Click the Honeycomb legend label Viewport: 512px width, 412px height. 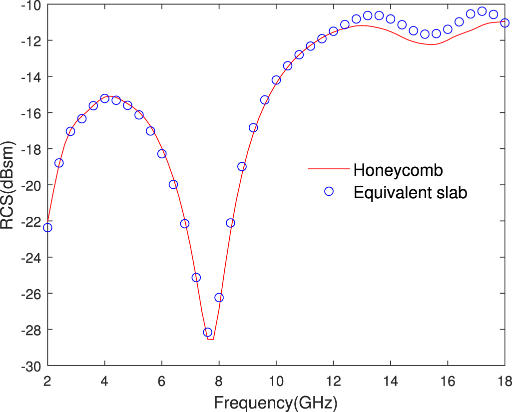398,170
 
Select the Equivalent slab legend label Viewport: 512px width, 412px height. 410,192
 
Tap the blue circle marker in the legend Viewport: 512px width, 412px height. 329,191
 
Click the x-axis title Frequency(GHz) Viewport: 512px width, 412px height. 276,402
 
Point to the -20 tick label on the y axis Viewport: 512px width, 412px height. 31,185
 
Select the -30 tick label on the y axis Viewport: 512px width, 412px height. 31,366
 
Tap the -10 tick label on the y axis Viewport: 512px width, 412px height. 31,4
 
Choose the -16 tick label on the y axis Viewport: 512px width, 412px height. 31,113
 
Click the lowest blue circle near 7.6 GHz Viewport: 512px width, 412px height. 208,332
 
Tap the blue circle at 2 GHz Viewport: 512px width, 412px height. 47,228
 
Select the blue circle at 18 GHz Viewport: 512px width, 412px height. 505,23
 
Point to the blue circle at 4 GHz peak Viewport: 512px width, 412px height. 104,98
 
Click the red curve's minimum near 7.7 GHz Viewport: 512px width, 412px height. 210,340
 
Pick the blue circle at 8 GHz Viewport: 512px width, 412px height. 219,298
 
